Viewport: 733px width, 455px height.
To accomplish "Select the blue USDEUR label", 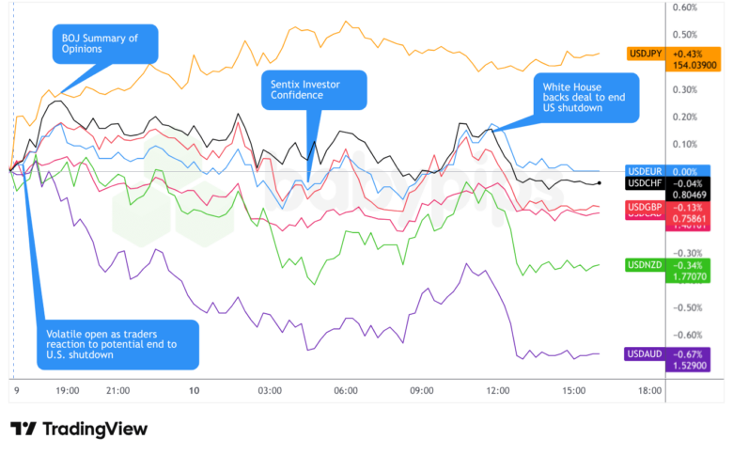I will [x=644, y=171].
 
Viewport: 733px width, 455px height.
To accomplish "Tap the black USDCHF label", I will [x=644, y=182].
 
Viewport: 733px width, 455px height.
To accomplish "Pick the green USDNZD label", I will [x=644, y=265].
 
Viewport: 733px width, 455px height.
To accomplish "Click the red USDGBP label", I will [x=644, y=207].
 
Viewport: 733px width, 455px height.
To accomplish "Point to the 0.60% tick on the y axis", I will [x=685, y=8].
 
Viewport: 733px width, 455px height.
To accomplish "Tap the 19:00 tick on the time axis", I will [x=68, y=390].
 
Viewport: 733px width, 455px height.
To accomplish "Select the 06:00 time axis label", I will [x=345, y=390].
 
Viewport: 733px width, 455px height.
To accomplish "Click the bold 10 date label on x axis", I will [x=194, y=390].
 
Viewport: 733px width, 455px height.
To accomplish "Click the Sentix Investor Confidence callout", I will [x=313, y=89].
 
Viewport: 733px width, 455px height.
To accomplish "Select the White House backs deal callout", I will [x=585, y=97].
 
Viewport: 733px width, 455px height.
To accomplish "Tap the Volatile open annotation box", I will [x=119, y=343].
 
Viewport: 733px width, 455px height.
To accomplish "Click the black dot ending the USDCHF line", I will [x=600, y=182].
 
